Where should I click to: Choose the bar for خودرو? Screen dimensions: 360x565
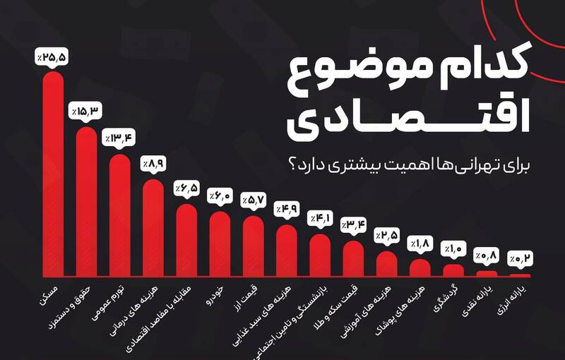220,244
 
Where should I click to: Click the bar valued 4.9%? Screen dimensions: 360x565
286,251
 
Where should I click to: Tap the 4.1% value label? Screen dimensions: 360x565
319,219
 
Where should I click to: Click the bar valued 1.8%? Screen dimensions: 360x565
420,268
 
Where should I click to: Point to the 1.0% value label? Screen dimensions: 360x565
453,248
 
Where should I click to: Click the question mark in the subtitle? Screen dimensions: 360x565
292,164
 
